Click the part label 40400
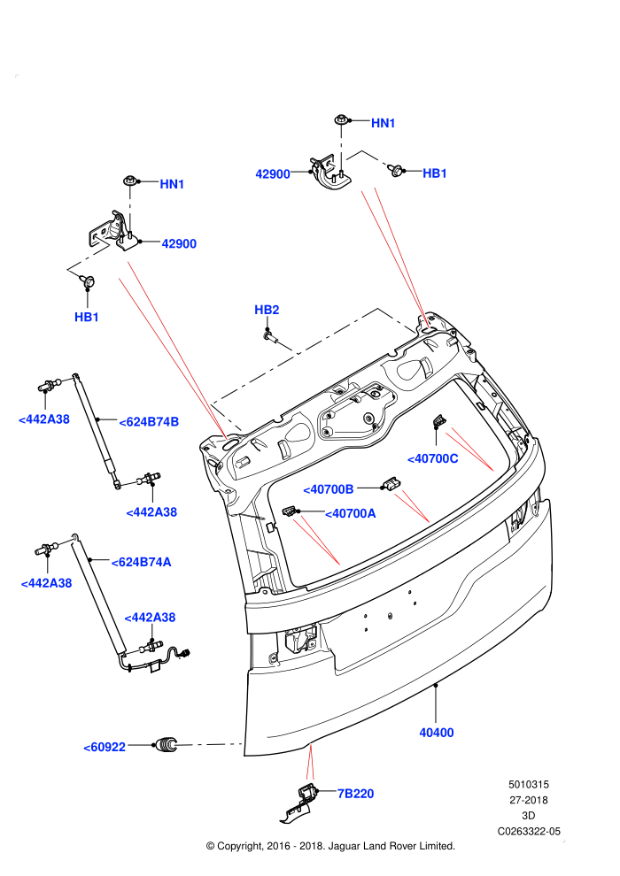(x=436, y=733)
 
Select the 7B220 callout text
(x=355, y=794)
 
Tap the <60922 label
(x=105, y=747)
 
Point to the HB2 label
(x=267, y=310)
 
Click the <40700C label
(x=433, y=458)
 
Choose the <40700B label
(x=329, y=489)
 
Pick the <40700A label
(x=351, y=513)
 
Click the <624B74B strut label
(x=149, y=422)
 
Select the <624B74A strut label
(x=142, y=562)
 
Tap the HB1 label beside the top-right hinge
(x=434, y=173)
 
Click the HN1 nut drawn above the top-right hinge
(x=340, y=119)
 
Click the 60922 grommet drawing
(x=166, y=745)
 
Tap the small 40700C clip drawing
(x=439, y=421)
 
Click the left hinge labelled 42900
(x=115, y=231)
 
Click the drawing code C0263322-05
(x=529, y=831)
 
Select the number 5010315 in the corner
(x=528, y=784)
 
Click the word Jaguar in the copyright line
(x=345, y=846)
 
